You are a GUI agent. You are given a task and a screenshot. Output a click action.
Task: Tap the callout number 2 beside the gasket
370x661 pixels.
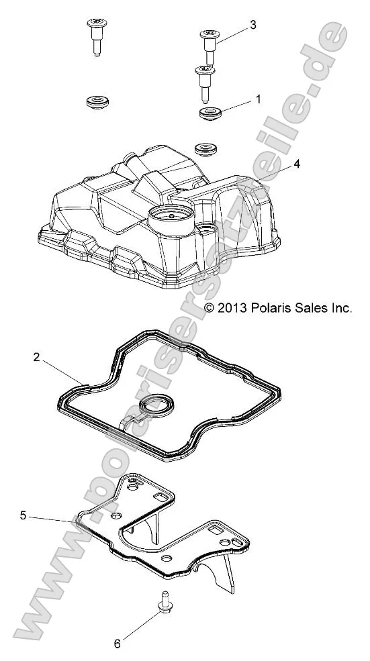pos(36,358)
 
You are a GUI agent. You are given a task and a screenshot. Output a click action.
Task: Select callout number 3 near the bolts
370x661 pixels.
pos(252,25)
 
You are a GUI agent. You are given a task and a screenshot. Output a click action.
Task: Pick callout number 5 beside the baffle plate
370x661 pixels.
pos(23,516)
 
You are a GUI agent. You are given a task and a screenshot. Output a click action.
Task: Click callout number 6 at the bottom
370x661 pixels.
pos(117,643)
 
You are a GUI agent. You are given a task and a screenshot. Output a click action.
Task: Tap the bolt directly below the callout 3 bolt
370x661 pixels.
pos(203,80)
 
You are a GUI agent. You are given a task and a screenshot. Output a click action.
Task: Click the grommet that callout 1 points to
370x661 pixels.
pos(210,113)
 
